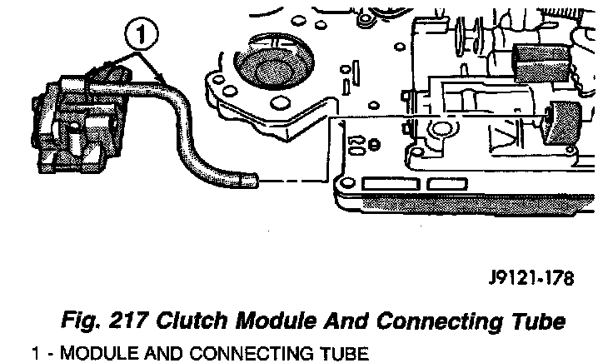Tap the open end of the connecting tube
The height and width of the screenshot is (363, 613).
pyautogui.click(x=251, y=177)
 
